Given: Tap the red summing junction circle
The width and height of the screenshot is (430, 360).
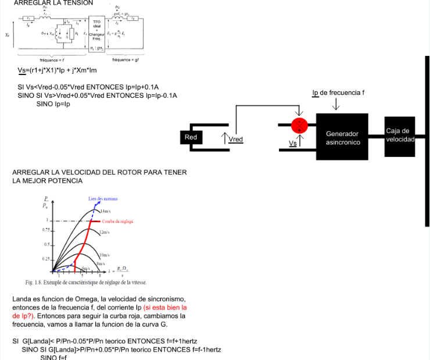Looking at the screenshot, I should pyautogui.click(x=300, y=125).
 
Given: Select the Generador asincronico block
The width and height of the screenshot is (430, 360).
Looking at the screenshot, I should pyautogui.click(x=342, y=137).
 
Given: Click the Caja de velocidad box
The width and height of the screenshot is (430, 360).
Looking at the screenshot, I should pyautogui.click(x=399, y=136).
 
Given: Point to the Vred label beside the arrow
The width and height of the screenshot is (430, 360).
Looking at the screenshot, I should pyautogui.click(x=236, y=140).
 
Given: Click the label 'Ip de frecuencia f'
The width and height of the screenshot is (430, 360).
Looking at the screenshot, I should pyautogui.click(x=338, y=92).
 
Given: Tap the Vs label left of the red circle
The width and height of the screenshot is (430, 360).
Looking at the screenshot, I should pyautogui.click(x=292, y=142).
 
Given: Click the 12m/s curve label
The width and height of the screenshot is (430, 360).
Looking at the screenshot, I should pyautogui.click(x=105, y=231).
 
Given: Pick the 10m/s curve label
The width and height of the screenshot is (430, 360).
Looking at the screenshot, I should pyautogui.click(x=105, y=255).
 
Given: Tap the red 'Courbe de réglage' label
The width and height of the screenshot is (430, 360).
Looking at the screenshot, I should pyautogui.click(x=119, y=221).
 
